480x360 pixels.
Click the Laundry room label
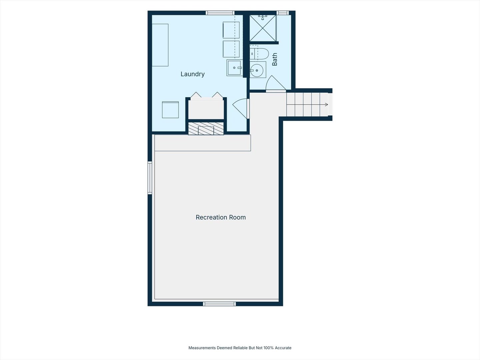click(x=192, y=74)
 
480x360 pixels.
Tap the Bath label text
click(x=275, y=59)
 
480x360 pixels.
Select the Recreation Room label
click(x=221, y=217)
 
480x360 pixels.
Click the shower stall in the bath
click(x=263, y=28)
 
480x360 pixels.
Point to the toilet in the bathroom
click(x=259, y=54)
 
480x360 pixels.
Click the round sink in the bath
click(x=257, y=70)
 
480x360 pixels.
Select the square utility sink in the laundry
click(x=234, y=68)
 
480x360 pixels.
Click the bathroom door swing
click(x=276, y=83)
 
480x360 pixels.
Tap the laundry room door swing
click(x=240, y=108)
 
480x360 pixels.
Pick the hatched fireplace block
click(x=206, y=129)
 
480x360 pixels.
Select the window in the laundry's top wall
click(x=220, y=13)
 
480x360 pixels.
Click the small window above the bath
click(x=283, y=13)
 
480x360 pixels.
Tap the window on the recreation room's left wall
click(x=150, y=178)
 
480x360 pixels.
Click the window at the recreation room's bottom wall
click(x=219, y=304)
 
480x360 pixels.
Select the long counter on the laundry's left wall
click(x=160, y=45)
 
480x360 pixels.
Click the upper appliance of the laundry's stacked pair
click(x=231, y=30)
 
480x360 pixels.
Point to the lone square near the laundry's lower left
click(x=170, y=110)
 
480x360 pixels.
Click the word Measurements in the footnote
click(x=202, y=348)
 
